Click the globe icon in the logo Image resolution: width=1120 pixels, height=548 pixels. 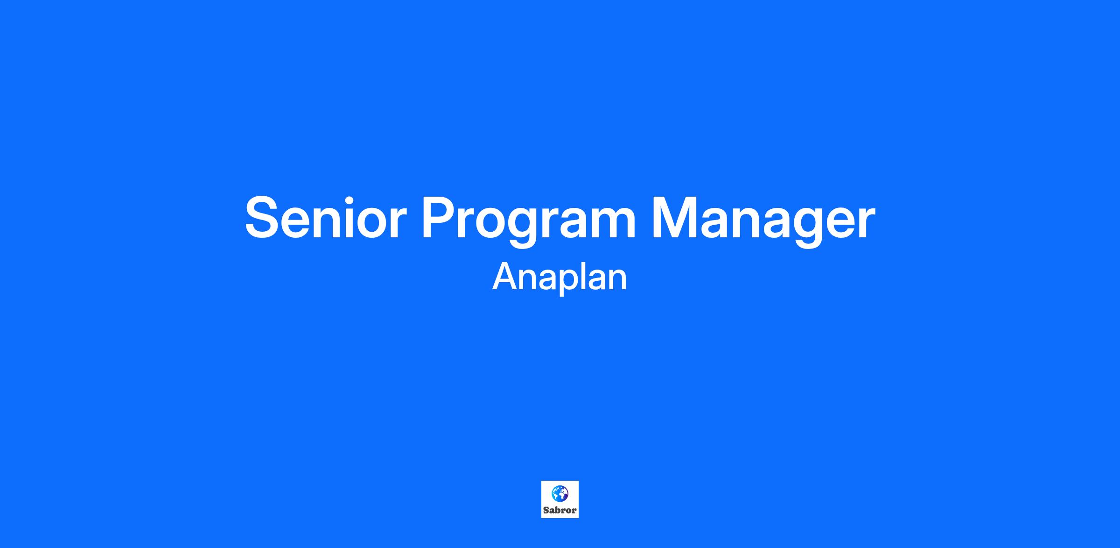pos(560,493)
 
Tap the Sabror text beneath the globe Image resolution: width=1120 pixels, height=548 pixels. pos(560,510)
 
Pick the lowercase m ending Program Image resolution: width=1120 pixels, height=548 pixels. pos(611,223)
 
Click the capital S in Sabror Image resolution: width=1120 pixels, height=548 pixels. pos(546,510)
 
